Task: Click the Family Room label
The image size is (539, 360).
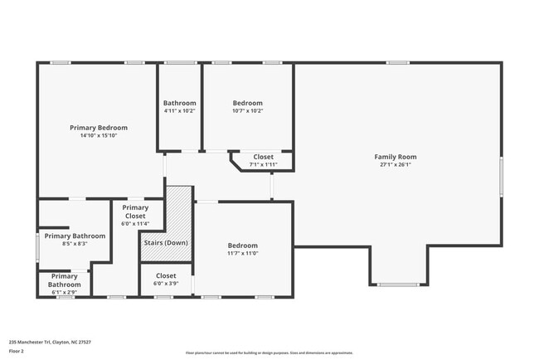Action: [x=396, y=157]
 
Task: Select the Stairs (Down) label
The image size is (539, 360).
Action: [x=165, y=242]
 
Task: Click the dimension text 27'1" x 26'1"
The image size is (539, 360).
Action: [x=396, y=164]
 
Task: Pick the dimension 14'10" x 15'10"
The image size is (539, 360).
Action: [x=99, y=135]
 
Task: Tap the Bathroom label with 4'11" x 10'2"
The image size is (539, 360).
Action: [x=179, y=103]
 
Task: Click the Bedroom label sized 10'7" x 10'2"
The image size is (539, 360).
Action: [x=247, y=103]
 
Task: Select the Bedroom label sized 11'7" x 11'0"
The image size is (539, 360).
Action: [x=243, y=246]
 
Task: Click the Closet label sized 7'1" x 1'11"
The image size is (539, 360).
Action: [x=263, y=157]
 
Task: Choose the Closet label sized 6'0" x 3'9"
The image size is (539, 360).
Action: [x=166, y=275]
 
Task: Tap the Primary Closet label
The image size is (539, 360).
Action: [x=134, y=212]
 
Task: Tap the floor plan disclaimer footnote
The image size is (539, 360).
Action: [x=269, y=353]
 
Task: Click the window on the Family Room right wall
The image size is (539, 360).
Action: [x=501, y=177]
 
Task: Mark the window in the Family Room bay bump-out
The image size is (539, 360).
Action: [x=398, y=285]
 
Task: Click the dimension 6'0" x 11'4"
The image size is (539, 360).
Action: [x=135, y=223]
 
